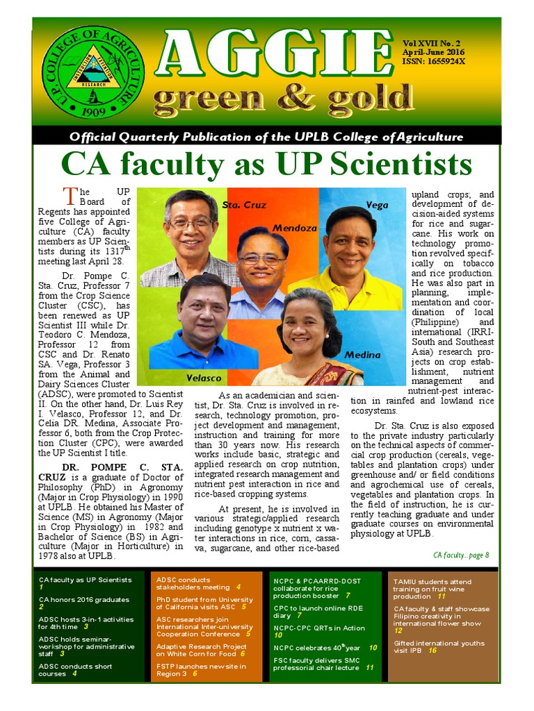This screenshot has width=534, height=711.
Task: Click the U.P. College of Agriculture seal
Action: (x=92, y=71)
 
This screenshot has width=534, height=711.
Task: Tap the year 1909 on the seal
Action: (x=92, y=111)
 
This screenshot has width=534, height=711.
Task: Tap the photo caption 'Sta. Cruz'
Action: (x=244, y=206)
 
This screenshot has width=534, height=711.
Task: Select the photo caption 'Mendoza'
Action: (x=294, y=228)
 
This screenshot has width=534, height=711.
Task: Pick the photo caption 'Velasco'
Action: (x=204, y=378)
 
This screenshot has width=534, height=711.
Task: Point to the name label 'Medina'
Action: (x=362, y=355)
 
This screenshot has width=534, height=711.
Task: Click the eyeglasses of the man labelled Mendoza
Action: (x=261, y=259)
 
